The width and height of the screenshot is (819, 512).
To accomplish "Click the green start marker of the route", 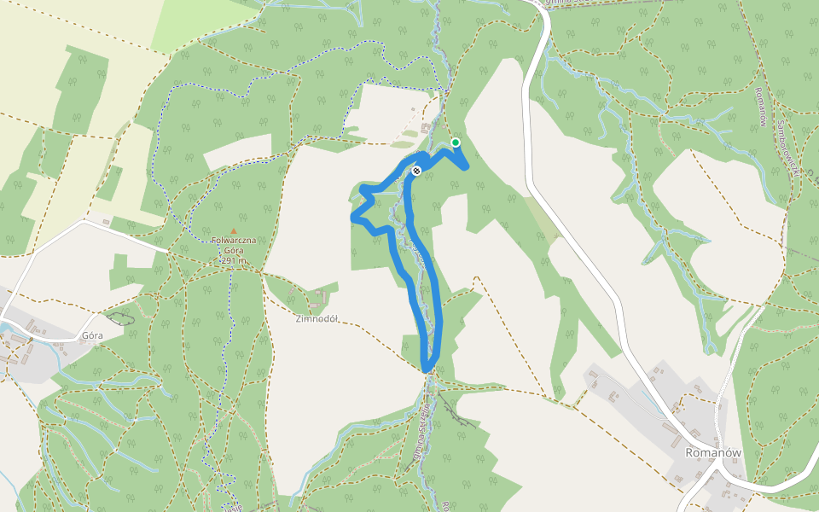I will click(456, 143).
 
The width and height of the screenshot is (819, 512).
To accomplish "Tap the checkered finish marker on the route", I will click(416, 172).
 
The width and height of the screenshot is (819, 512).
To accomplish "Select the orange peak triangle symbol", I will click(234, 230).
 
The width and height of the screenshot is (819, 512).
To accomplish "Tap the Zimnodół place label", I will click(317, 320).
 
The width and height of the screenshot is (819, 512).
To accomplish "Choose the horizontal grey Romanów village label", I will click(713, 453).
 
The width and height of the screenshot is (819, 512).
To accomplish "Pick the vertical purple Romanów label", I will click(758, 107).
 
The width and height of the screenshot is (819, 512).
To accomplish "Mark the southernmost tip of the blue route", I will click(427, 369).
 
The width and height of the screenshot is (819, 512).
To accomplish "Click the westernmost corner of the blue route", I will click(353, 218).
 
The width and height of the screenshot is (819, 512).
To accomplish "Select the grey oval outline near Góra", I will click(120, 317).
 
